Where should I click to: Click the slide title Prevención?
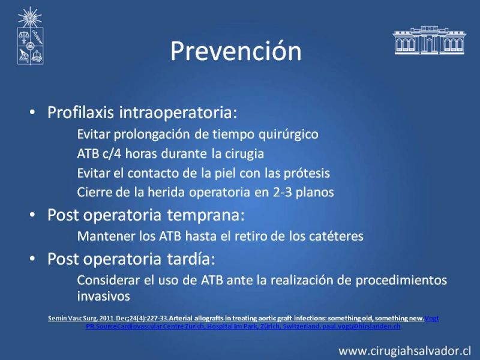[x=236, y=51]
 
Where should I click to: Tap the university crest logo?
[x=30, y=36]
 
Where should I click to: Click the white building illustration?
[x=430, y=40]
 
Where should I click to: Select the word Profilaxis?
[x=81, y=113]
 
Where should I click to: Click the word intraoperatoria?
[x=178, y=113]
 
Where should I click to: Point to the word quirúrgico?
[x=289, y=134]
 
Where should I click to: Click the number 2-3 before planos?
[x=281, y=192]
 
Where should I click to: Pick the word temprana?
[x=206, y=215]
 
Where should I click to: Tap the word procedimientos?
[x=401, y=280]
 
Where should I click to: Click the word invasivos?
[x=103, y=296]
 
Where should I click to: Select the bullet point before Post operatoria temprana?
[x=32, y=215]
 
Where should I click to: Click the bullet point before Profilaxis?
[x=32, y=113]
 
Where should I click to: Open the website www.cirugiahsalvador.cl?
[x=404, y=351]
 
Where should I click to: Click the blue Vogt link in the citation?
[x=431, y=319]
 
